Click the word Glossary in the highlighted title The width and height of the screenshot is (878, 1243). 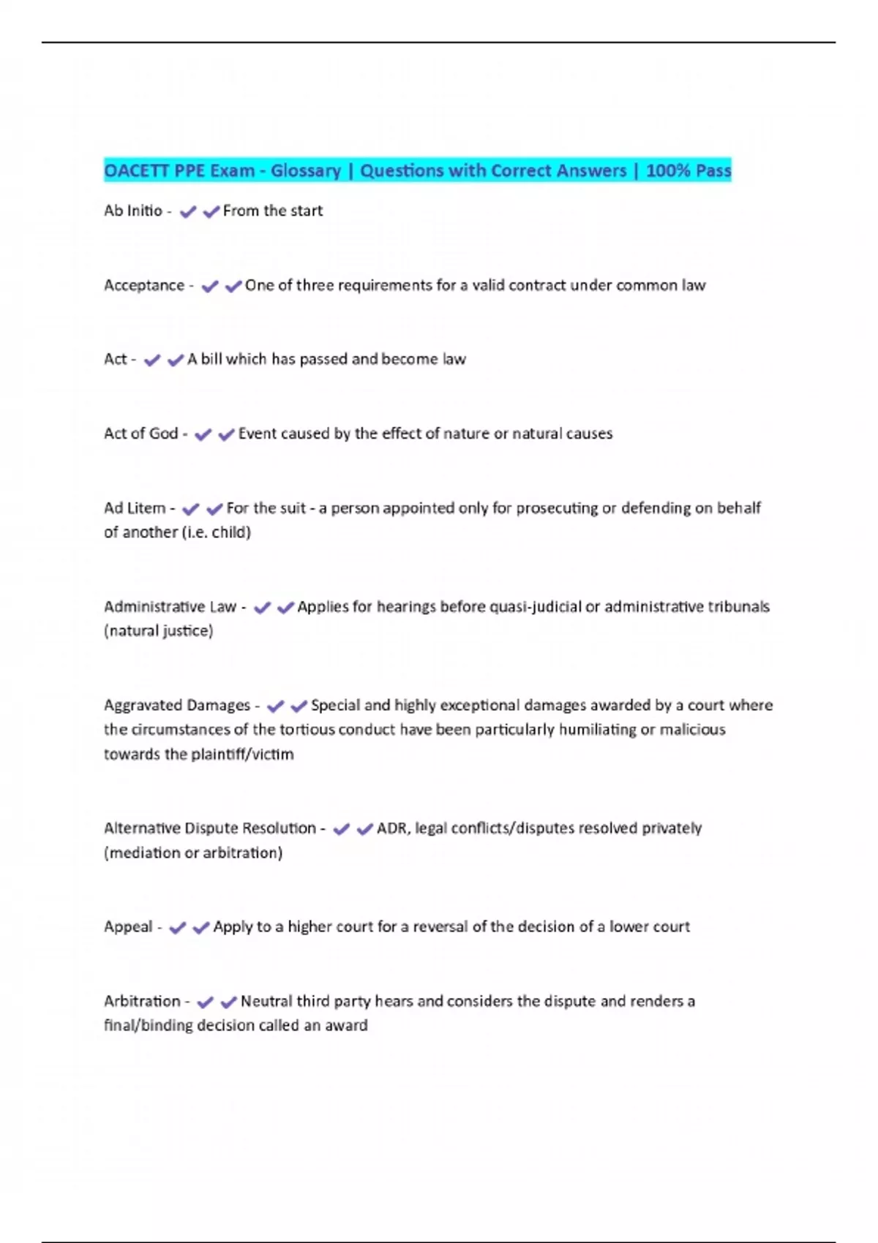(x=305, y=171)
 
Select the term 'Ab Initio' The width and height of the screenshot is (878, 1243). (x=133, y=211)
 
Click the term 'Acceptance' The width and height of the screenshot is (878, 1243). (x=144, y=286)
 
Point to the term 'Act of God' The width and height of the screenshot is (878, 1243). (x=141, y=434)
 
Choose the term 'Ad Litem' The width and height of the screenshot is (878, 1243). (x=135, y=508)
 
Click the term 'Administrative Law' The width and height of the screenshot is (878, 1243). (x=170, y=607)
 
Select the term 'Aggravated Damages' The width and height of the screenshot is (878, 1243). (x=177, y=706)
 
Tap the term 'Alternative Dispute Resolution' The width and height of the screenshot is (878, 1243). (x=210, y=828)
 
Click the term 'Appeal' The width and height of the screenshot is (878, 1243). (x=128, y=927)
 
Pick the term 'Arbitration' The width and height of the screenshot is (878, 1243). (x=142, y=1001)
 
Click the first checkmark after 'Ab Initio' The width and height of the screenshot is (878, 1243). (x=188, y=212)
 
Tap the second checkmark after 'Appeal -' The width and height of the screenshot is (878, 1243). (x=201, y=928)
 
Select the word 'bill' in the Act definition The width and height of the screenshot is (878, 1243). (x=211, y=360)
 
